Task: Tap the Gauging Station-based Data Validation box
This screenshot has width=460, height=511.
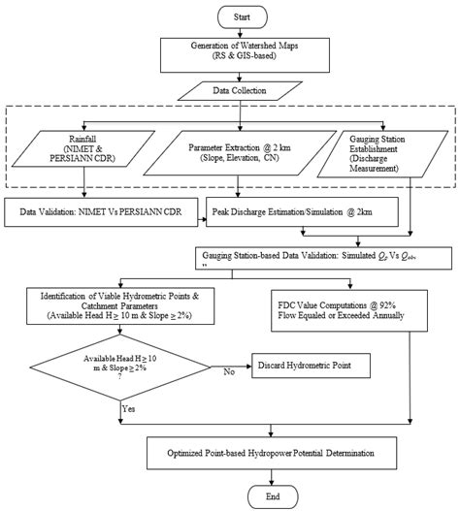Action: point(324,255)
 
